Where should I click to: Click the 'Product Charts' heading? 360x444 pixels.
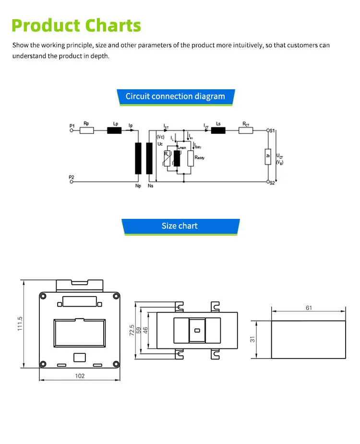76,25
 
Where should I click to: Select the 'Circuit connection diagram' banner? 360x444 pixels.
175,96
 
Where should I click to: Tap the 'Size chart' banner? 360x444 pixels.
180,226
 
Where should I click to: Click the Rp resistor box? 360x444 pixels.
86,130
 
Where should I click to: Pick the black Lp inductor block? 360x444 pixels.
114,130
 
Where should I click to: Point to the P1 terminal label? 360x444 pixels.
72,126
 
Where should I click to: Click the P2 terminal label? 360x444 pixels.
72,178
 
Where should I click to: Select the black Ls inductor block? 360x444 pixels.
218,130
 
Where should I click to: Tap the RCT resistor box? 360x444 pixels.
246,130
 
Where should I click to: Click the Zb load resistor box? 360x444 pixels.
268,156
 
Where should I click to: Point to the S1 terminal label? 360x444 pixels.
272,130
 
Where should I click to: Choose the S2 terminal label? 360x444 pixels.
272,182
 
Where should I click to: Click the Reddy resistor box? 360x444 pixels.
191,158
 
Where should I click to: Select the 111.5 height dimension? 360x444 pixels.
20,324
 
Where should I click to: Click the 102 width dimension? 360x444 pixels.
80,376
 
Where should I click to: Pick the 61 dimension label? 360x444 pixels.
309,308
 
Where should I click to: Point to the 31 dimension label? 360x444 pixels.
252,339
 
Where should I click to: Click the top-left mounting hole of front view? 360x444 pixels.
44,297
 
